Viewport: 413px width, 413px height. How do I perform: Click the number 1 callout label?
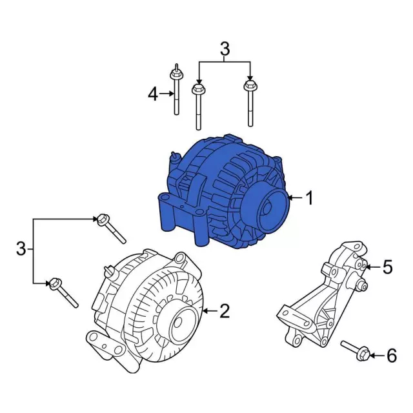coord(309,198)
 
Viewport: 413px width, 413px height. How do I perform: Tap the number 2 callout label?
coord(224,312)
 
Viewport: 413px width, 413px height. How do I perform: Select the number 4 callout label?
coord(152,95)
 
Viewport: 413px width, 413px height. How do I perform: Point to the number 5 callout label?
coord(387,267)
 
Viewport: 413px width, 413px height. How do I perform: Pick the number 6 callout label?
coord(391,355)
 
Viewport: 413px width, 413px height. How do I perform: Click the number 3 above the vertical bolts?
coord(225,48)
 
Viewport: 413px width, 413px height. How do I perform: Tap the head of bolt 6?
coord(363,354)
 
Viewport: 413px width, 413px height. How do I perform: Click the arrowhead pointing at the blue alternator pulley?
coord(290,198)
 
